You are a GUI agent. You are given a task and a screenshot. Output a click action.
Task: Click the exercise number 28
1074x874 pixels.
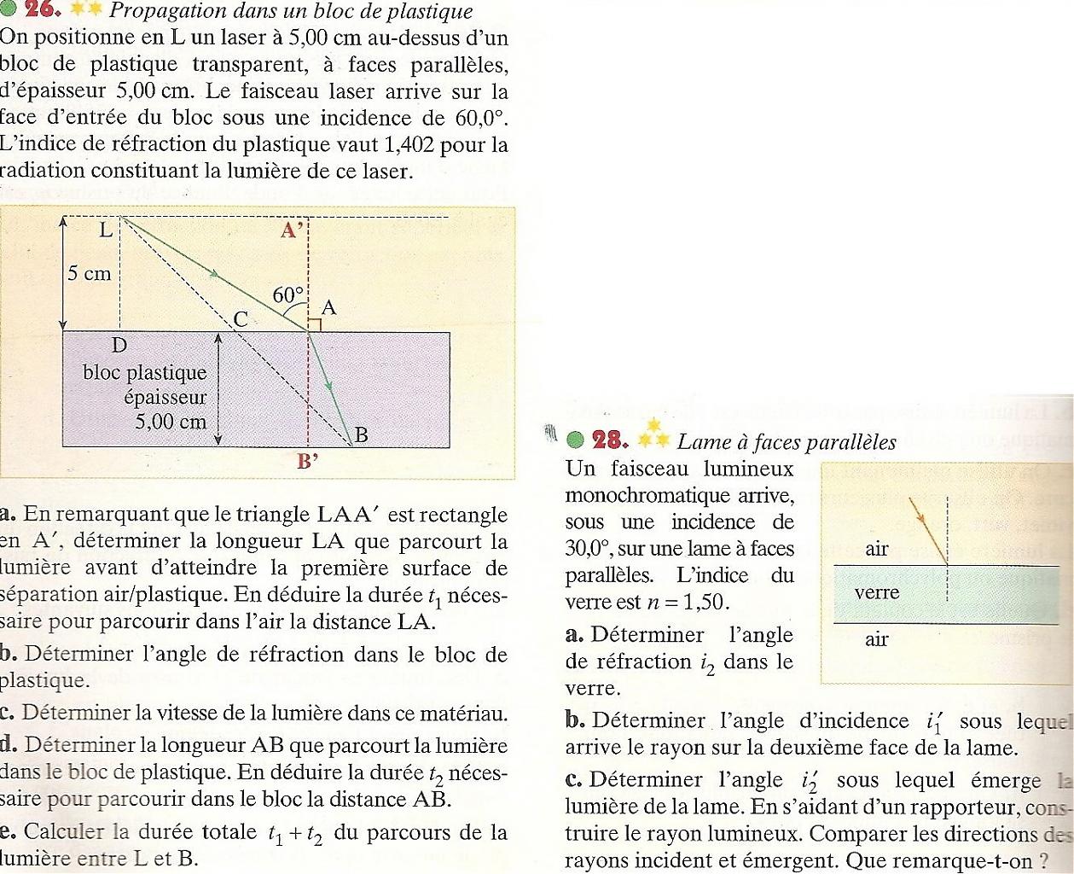[610, 440]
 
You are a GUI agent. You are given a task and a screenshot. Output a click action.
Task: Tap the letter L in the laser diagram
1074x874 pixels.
[106, 230]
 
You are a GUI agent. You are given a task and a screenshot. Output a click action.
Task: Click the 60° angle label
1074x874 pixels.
[288, 295]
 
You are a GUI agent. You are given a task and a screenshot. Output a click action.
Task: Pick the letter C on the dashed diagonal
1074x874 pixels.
[241, 320]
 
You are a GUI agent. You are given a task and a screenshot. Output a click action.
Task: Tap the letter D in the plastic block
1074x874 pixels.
[119, 346]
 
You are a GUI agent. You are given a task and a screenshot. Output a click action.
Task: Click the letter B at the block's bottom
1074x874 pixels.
[361, 434]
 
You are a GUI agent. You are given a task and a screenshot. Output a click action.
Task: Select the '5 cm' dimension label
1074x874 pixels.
[90, 274]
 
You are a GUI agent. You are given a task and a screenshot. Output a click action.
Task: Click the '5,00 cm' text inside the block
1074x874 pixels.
[171, 422]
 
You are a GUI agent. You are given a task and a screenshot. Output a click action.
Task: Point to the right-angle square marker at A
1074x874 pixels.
[314, 324]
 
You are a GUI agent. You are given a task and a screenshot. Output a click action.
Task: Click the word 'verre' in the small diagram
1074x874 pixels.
[876, 592]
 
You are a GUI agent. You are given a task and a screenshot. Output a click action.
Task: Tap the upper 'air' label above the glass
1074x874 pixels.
[877, 549]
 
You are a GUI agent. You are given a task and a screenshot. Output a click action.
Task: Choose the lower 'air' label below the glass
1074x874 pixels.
[877, 639]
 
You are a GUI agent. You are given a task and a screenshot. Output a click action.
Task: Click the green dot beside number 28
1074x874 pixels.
[576, 440]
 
